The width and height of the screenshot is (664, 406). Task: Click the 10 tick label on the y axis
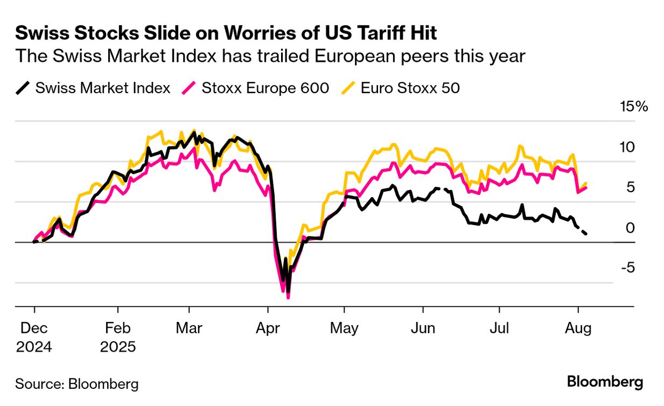point(628,147)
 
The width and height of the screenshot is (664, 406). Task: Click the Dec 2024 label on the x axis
point(34,337)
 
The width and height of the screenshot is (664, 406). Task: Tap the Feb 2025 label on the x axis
point(118,337)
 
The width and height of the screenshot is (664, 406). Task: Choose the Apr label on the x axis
point(267,328)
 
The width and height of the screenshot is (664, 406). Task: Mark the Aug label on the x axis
point(578,328)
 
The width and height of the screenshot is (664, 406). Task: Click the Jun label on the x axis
point(423,328)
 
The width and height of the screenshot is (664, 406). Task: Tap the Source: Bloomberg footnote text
point(76,384)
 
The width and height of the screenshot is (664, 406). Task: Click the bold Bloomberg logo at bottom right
point(605,382)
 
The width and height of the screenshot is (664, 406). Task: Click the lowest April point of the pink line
point(288,297)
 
